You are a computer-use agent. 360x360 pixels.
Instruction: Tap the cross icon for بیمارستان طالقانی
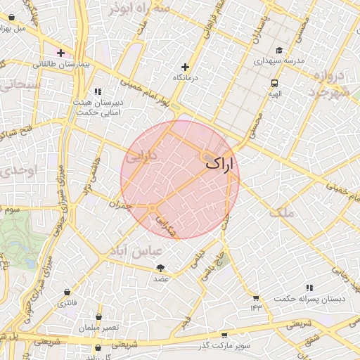61,53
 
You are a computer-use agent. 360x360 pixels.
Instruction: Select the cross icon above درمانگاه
186,66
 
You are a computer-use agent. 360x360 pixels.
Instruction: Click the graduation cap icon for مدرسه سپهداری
279,50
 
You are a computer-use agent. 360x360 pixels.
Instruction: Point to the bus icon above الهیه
274,82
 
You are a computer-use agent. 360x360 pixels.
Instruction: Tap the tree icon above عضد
161,268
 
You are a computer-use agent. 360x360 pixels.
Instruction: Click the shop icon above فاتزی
67,292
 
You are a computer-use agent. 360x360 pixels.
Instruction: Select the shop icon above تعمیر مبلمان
98,317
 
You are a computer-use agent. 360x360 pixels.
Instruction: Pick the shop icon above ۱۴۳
255,297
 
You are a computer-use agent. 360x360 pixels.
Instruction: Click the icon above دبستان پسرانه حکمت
309,288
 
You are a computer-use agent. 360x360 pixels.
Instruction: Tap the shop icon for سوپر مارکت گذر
224,335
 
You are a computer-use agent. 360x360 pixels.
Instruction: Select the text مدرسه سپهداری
279,61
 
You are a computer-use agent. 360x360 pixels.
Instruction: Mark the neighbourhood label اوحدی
15,171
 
